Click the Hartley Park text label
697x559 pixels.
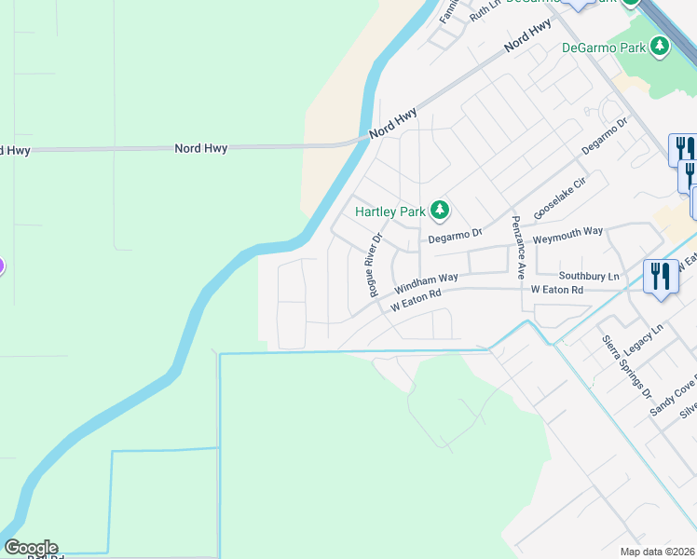pos(389,211)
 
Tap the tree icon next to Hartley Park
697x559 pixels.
pos(440,211)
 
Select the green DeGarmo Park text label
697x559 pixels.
pos(604,47)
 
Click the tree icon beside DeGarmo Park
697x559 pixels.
pos(660,46)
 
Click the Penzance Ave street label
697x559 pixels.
pos(518,247)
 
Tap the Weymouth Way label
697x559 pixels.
pos(567,235)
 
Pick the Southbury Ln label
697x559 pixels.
pos(589,277)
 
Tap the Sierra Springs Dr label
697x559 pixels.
pos(626,366)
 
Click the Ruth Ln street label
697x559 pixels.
pos(485,11)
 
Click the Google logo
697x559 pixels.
pos(31,548)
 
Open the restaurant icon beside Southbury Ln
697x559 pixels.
pos(662,277)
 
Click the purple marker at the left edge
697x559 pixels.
pos(1,266)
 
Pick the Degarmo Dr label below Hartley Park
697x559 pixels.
pos(454,237)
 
